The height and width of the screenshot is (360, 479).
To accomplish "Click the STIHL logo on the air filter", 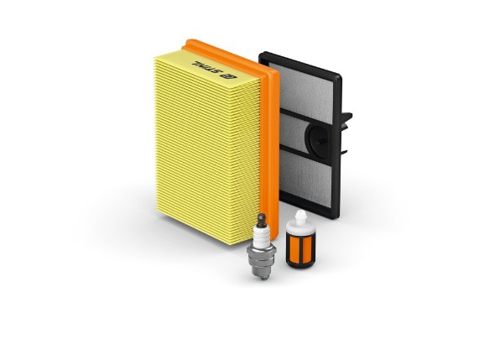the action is click(x=214, y=70).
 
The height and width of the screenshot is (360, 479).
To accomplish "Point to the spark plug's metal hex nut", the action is click(x=262, y=252).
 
